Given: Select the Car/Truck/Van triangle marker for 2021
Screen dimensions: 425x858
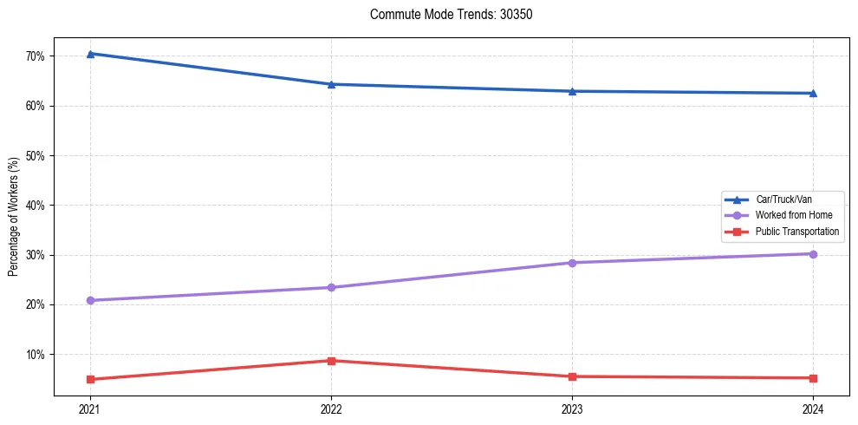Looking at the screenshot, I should (90, 54).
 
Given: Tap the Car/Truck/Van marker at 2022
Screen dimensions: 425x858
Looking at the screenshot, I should (331, 84).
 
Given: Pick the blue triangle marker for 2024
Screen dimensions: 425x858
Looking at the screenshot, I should (813, 93).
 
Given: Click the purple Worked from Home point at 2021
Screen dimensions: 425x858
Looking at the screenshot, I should (90, 300).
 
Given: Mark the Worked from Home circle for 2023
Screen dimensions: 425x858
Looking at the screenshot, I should (572, 263).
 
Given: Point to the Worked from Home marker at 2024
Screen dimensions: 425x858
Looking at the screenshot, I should (813, 254).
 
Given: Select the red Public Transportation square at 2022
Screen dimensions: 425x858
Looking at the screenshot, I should (331, 361).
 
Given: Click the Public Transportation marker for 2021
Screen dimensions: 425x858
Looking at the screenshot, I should (90, 379).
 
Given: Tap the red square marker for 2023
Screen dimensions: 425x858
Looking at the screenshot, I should (572, 376).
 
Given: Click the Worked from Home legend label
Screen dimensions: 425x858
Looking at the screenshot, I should (793, 215).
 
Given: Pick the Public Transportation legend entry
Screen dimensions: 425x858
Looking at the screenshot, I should (796, 232).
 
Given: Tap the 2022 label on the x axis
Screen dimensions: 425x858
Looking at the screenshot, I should (331, 409).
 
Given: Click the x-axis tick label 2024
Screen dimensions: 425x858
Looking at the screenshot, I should (813, 409).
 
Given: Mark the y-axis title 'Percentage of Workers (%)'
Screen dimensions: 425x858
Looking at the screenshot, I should (13, 217).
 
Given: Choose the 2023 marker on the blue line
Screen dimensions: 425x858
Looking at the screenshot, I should (572, 91).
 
